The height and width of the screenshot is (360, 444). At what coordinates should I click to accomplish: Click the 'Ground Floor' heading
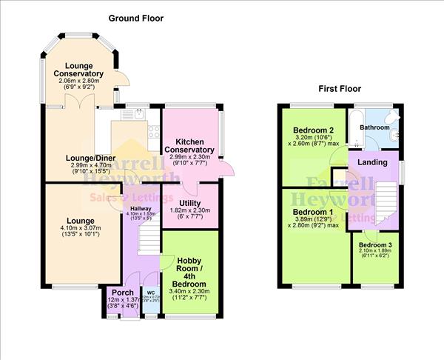(136, 18)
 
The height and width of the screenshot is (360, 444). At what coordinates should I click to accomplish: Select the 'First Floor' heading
(340, 89)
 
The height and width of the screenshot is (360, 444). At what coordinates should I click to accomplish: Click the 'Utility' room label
(191, 201)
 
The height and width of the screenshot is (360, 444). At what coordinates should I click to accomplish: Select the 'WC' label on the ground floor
(151, 293)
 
